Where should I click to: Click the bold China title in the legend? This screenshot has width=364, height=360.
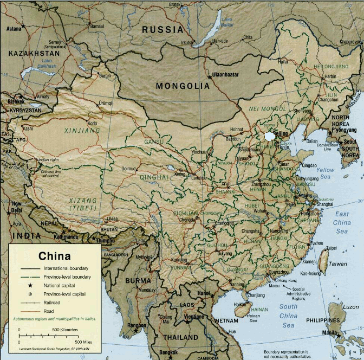[x=54, y=256]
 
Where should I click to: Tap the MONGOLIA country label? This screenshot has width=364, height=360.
[x=182, y=86]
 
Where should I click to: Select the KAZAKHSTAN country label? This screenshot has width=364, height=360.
[x=34, y=54]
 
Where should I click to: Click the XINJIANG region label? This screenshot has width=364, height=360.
[x=82, y=131]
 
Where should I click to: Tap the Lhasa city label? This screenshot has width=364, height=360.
[x=112, y=218]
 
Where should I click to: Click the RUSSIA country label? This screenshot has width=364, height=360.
[x=162, y=30]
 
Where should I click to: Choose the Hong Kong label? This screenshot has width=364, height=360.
[x=287, y=280]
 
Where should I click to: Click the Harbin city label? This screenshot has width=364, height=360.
[x=330, y=77]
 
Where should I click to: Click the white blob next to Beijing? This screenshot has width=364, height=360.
[x=269, y=136]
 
